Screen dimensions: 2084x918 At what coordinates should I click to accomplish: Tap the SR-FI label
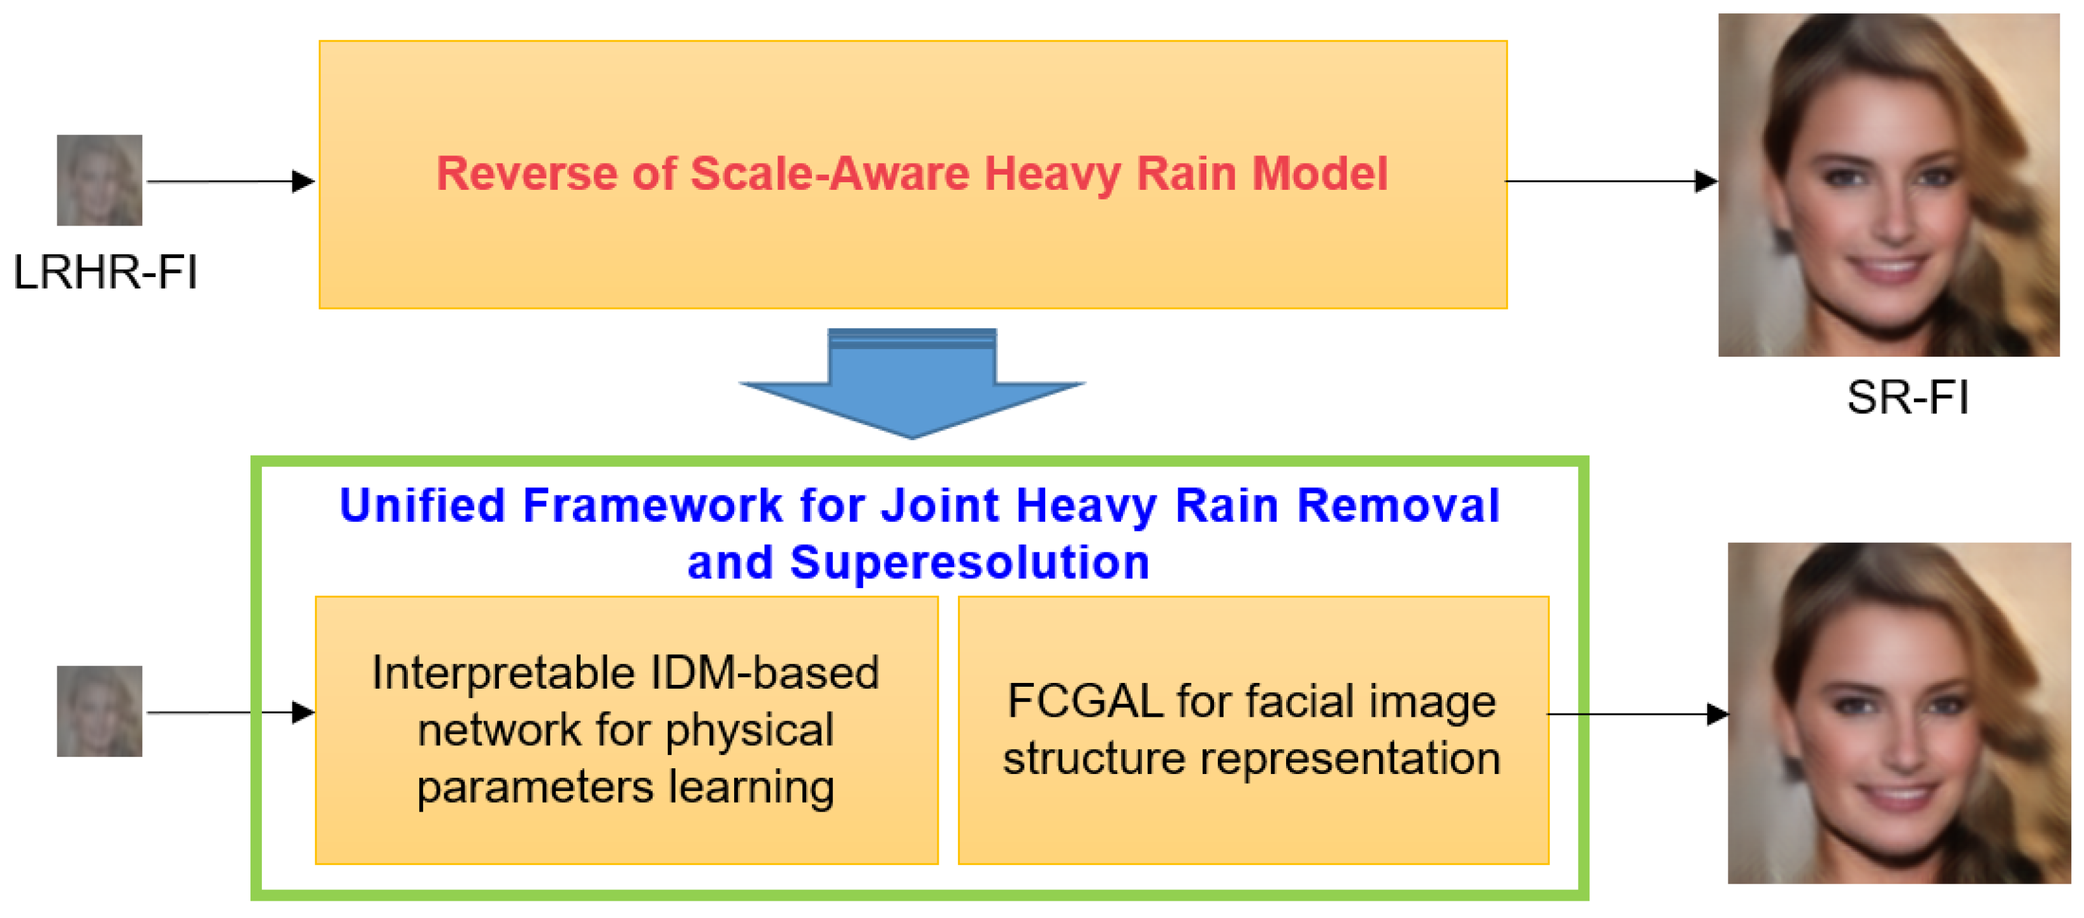point(1907,397)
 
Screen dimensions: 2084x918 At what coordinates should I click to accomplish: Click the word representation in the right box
point(1349,759)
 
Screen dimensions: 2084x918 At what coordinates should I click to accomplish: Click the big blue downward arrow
point(912,384)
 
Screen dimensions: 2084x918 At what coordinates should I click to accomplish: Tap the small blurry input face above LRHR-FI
point(99,180)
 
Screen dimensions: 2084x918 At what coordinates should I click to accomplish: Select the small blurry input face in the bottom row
point(99,711)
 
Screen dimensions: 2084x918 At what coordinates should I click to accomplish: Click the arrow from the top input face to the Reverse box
point(231,181)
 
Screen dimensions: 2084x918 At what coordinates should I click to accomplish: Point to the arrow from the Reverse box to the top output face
point(1610,181)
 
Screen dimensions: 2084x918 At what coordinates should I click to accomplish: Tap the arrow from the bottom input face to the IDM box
point(231,713)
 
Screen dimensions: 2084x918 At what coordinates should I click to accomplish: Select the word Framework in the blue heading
point(653,506)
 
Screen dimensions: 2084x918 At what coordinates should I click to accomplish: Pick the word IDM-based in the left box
point(765,672)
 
